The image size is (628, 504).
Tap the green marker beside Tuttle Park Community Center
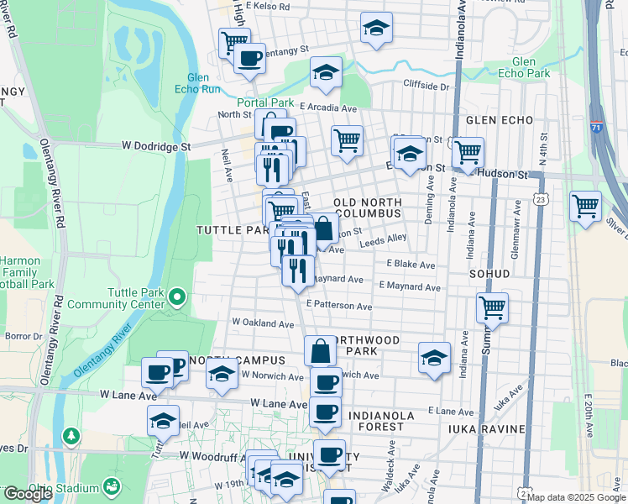176,297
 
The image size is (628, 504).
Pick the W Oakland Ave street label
262,322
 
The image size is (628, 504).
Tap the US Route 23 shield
542,198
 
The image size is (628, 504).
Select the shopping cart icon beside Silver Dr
584,204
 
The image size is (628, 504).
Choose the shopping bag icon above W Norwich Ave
320,349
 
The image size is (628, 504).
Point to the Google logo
28,494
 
